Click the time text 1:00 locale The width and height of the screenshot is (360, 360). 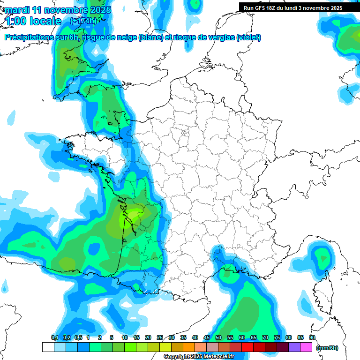click(x=34, y=21)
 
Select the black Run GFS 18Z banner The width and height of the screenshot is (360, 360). click(x=293, y=7)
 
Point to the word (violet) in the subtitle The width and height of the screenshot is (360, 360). click(x=248, y=37)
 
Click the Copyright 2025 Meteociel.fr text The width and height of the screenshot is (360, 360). click(x=199, y=357)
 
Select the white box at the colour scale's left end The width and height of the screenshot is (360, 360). click(x=48, y=347)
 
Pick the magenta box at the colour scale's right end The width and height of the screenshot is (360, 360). click(x=306, y=347)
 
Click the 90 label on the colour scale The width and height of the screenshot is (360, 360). click(x=312, y=337)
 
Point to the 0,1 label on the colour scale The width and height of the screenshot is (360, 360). click(x=55, y=337)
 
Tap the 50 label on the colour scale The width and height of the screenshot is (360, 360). click(x=218, y=337)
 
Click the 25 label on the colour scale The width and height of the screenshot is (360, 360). click(x=160, y=337)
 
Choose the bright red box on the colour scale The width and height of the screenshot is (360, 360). click(x=247, y=347)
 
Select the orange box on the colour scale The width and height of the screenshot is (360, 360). click(x=189, y=347)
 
